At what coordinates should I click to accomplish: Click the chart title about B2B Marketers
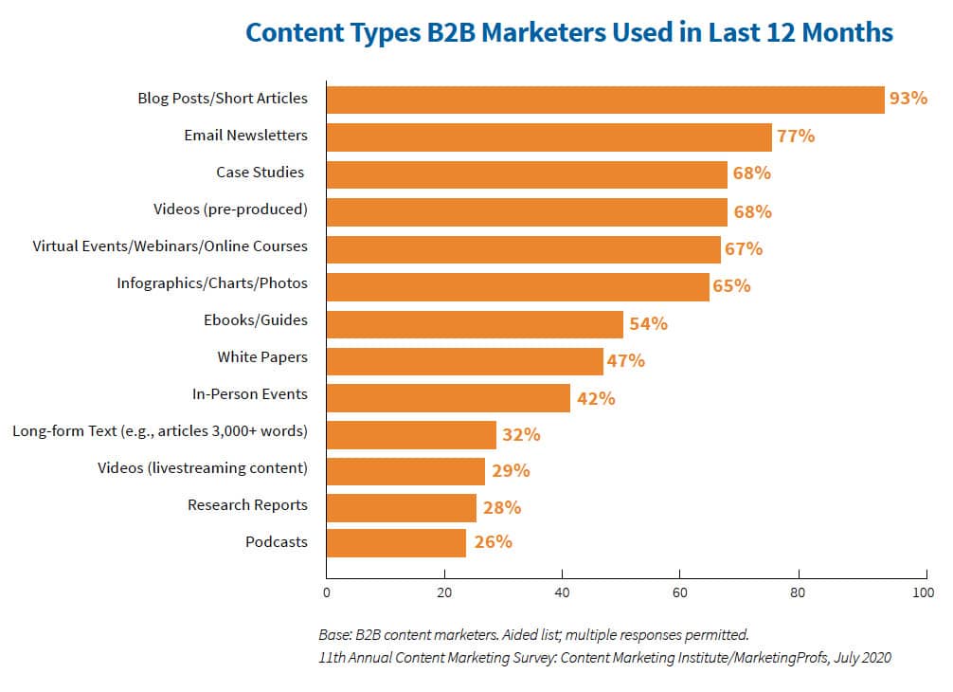[568, 32]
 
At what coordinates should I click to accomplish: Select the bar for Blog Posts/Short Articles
[605, 99]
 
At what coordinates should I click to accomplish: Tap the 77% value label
[796, 136]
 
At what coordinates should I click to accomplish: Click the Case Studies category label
[261, 173]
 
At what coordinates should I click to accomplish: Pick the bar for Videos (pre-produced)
[527, 209]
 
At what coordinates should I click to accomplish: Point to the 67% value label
[744, 249]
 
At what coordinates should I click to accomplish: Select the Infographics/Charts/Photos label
[212, 283]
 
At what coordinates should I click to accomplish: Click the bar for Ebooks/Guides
[475, 323]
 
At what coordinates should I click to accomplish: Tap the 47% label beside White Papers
[626, 360]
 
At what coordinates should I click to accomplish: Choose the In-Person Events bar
[448, 397]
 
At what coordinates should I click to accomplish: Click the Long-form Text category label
[160, 431]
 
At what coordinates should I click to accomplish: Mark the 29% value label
[511, 471]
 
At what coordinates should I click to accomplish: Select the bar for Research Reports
[402, 508]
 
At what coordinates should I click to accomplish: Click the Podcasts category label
[277, 542]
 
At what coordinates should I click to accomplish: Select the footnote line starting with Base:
[534, 633]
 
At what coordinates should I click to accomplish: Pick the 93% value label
[908, 98]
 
